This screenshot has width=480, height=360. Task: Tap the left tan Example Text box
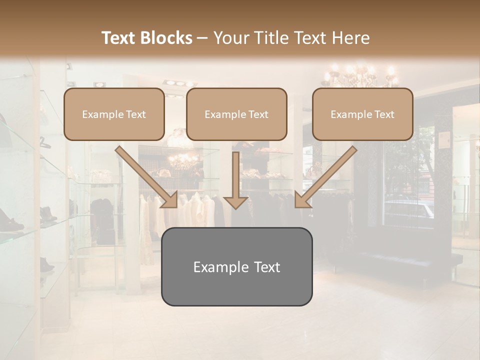[x=114, y=114]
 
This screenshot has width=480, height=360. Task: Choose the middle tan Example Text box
[x=236, y=114]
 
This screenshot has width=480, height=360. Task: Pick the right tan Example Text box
[x=362, y=114]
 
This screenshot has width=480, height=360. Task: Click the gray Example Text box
[x=236, y=267]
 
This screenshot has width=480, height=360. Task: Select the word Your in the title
[x=229, y=38]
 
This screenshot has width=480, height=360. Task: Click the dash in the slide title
[x=202, y=38]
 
